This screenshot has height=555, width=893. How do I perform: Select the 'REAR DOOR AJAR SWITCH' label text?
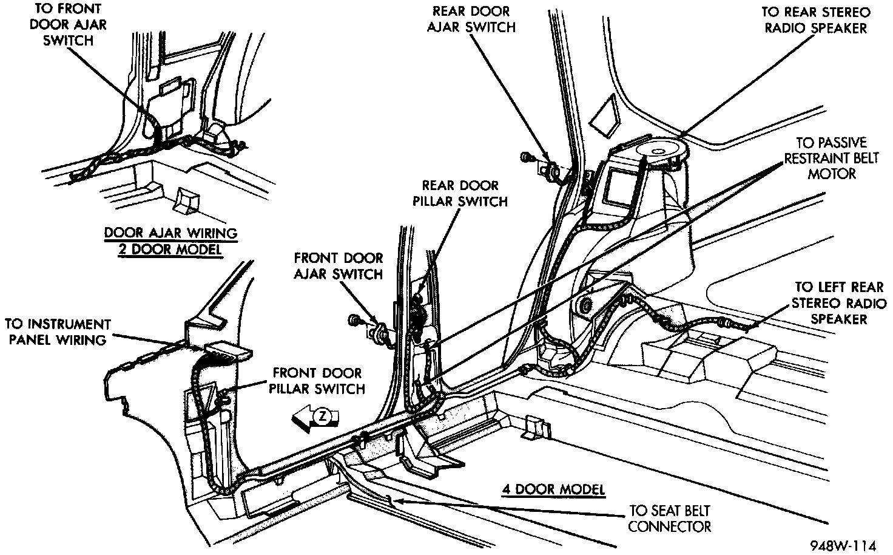click(471, 19)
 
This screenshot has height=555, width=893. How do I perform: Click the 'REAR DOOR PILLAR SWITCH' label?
click(460, 193)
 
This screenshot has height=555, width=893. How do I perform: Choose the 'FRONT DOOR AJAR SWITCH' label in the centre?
click(339, 266)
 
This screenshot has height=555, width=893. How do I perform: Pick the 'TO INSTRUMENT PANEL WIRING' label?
click(58, 332)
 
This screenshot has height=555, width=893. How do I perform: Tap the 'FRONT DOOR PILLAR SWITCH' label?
click(318, 380)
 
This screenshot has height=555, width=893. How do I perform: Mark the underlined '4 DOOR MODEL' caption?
click(553, 489)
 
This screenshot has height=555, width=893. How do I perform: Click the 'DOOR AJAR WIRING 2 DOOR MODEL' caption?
click(170, 241)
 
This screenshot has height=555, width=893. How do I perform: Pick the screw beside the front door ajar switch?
click(353, 319)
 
